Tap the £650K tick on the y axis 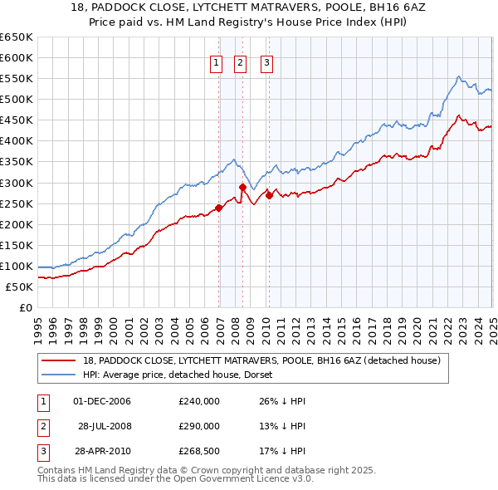click(x=17, y=37)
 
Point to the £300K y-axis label click(x=17, y=183)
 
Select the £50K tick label click(x=20, y=287)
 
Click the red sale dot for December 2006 click(x=219, y=208)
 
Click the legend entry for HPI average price click(x=183, y=375)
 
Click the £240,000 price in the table click(x=199, y=401)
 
